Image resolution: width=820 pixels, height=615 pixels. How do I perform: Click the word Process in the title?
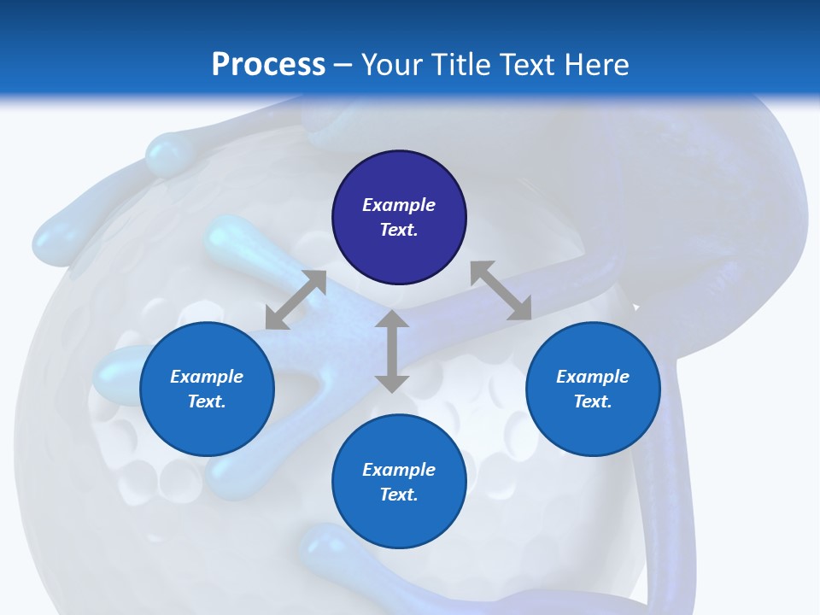268,65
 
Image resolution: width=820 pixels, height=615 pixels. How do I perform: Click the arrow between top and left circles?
296,300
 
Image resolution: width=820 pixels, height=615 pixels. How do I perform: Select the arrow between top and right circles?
501,290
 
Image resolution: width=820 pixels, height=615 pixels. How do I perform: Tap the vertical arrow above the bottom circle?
392,351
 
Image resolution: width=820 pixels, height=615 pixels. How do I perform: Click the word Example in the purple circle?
399,205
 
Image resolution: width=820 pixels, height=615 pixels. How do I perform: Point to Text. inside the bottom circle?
399,495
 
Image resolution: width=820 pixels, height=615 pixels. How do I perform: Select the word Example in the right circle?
593,377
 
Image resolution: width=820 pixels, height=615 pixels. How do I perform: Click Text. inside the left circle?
207,401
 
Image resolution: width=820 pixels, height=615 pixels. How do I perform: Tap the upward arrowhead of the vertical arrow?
392,319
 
